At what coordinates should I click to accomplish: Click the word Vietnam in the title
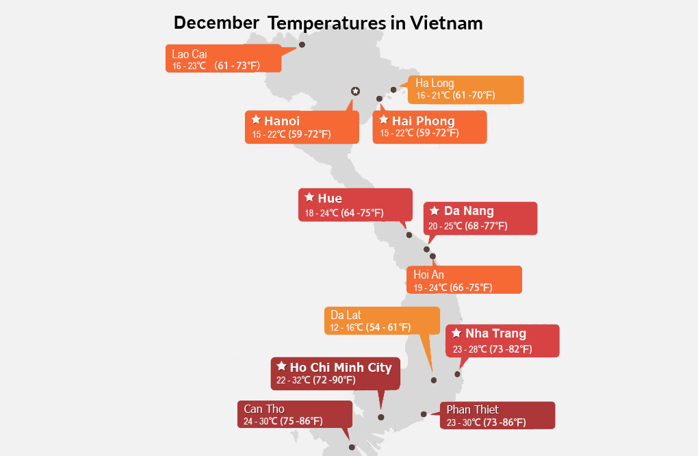point(446,23)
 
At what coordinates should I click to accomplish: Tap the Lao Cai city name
point(190,54)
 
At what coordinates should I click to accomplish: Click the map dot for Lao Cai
point(302,45)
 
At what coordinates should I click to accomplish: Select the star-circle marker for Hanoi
point(355,91)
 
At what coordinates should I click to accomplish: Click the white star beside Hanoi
point(256,119)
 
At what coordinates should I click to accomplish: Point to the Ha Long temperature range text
point(455,95)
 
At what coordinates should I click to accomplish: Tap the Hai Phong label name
point(424,121)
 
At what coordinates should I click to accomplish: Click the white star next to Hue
point(309,197)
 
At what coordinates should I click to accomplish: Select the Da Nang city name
point(469,211)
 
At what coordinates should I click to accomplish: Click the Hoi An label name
point(428,275)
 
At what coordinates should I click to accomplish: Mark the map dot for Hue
point(409,235)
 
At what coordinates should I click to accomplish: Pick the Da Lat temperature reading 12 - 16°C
point(346,328)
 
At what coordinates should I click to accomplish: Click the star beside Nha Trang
point(456,333)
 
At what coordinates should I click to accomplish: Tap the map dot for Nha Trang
point(457,374)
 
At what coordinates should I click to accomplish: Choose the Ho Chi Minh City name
point(341,368)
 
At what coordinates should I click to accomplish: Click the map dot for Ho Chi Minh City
point(380,417)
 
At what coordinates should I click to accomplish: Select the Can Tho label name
point(264,409)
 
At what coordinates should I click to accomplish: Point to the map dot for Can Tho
point(352,447)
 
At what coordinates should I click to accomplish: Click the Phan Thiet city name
point(472,409)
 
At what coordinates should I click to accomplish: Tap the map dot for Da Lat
point(434,380)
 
